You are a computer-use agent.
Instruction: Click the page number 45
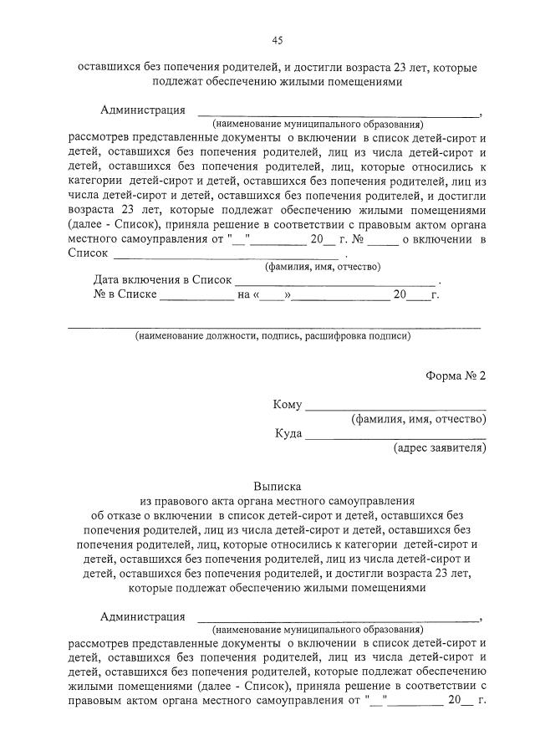click(277, 39)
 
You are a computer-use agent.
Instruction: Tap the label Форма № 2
click(456, 375)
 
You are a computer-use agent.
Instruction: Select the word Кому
click(287, 405)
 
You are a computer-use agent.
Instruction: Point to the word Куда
click(288, 433)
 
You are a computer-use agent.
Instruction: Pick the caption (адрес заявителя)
click(439, 448)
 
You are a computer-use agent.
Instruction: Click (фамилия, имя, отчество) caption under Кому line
click(419, 419)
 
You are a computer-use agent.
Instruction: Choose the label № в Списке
click(125, 294)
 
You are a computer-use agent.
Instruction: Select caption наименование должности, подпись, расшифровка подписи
click(273, 336)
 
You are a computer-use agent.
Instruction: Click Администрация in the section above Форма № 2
click(142, 110)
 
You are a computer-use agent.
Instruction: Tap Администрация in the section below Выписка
click(142, 617)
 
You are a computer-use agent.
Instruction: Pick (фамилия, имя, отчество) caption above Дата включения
click(323, 267)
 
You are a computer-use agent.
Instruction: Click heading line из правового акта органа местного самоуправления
click(277, 500)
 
